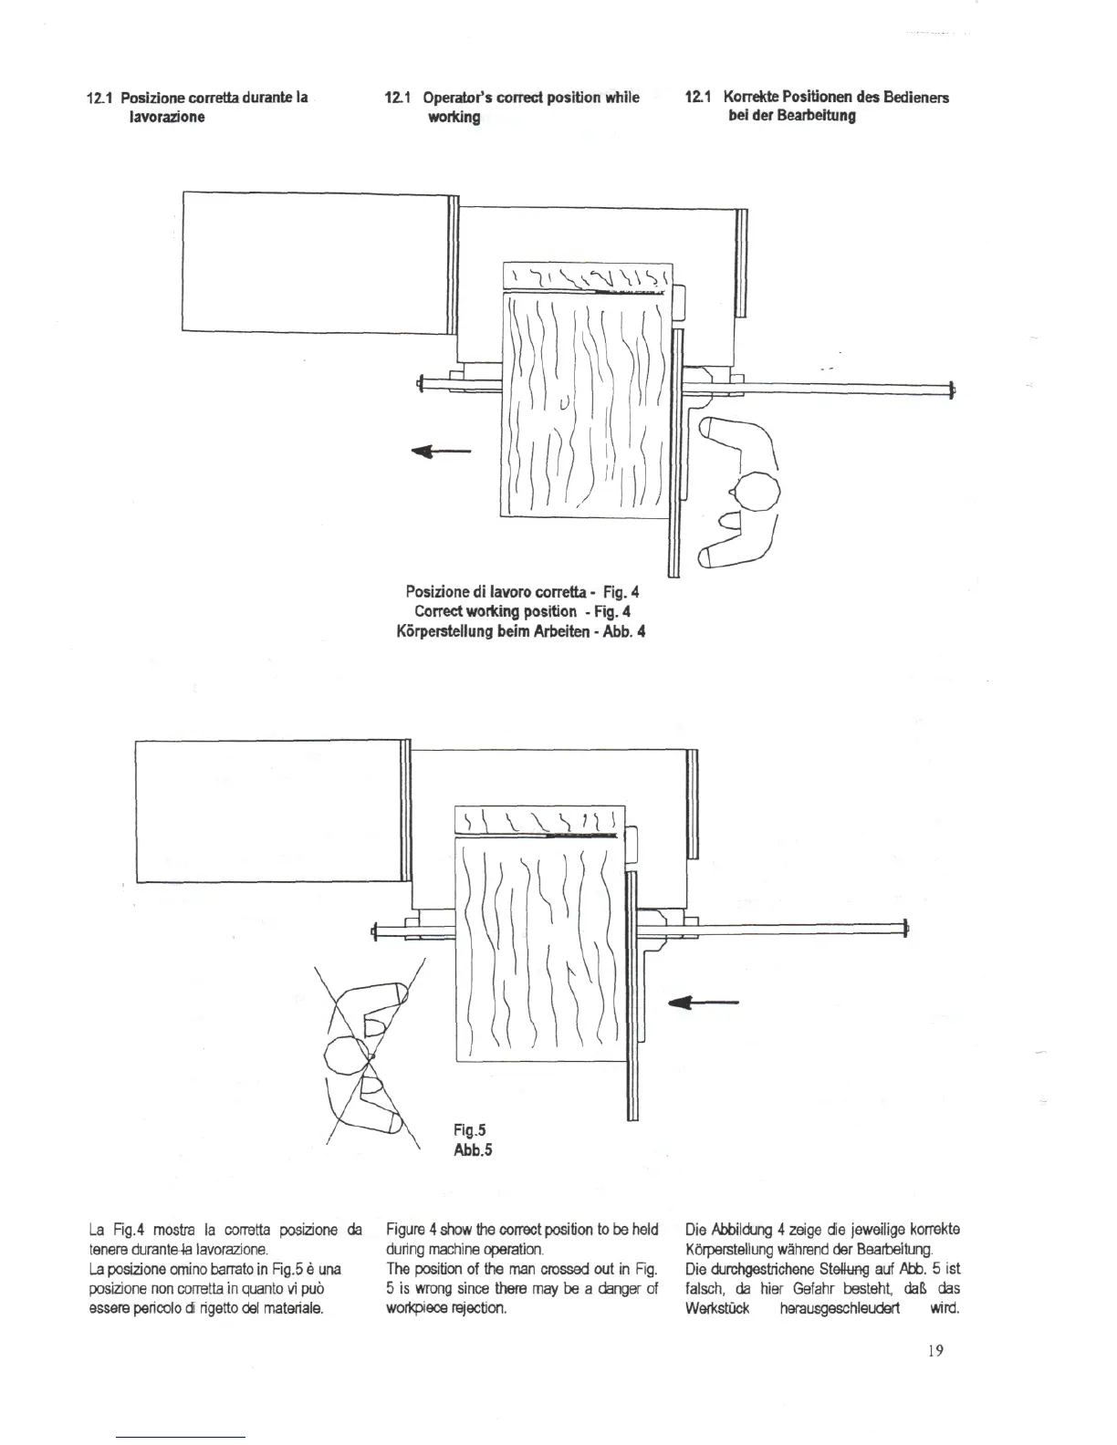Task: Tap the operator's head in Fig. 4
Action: click(x=758, y=493)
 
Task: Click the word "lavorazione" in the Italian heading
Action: click(x=166, y=117)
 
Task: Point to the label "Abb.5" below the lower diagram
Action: click(x=473, y=1149)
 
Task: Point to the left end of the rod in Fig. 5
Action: click(x=375, y=930)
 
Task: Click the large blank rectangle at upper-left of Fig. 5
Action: click(x=269, y=812)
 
